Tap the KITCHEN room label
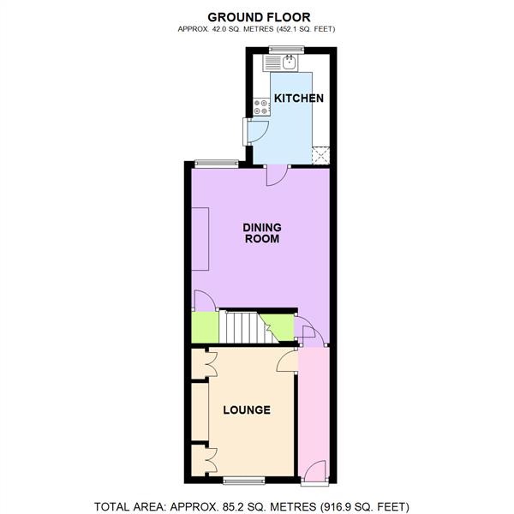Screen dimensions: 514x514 [x=298, y=99]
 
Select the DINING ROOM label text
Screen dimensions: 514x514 [x=262, y=233]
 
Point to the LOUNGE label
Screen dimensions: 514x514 [x=247, y=410]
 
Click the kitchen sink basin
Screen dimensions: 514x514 [x=290, y=62]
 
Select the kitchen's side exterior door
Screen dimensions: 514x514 [x=255, y=130]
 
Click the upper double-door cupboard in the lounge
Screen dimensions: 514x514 [x=203, y=363]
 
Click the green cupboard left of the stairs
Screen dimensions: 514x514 [x=203, y=326]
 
